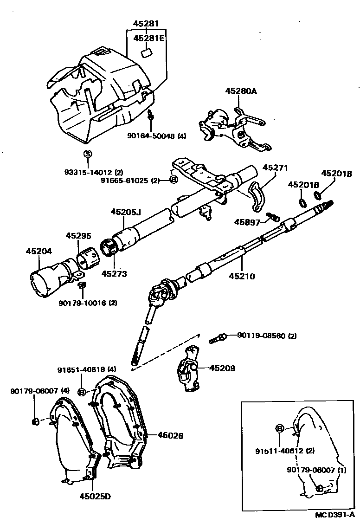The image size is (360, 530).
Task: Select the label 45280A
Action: tap(241, 91)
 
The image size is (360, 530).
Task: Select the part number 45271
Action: tap(276, 168)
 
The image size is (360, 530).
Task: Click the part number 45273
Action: tap(114, 274)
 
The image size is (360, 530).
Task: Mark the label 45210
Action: tap(242, 277)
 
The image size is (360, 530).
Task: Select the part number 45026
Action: tap(170, 435)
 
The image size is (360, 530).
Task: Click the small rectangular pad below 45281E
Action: tap(147, 52)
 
